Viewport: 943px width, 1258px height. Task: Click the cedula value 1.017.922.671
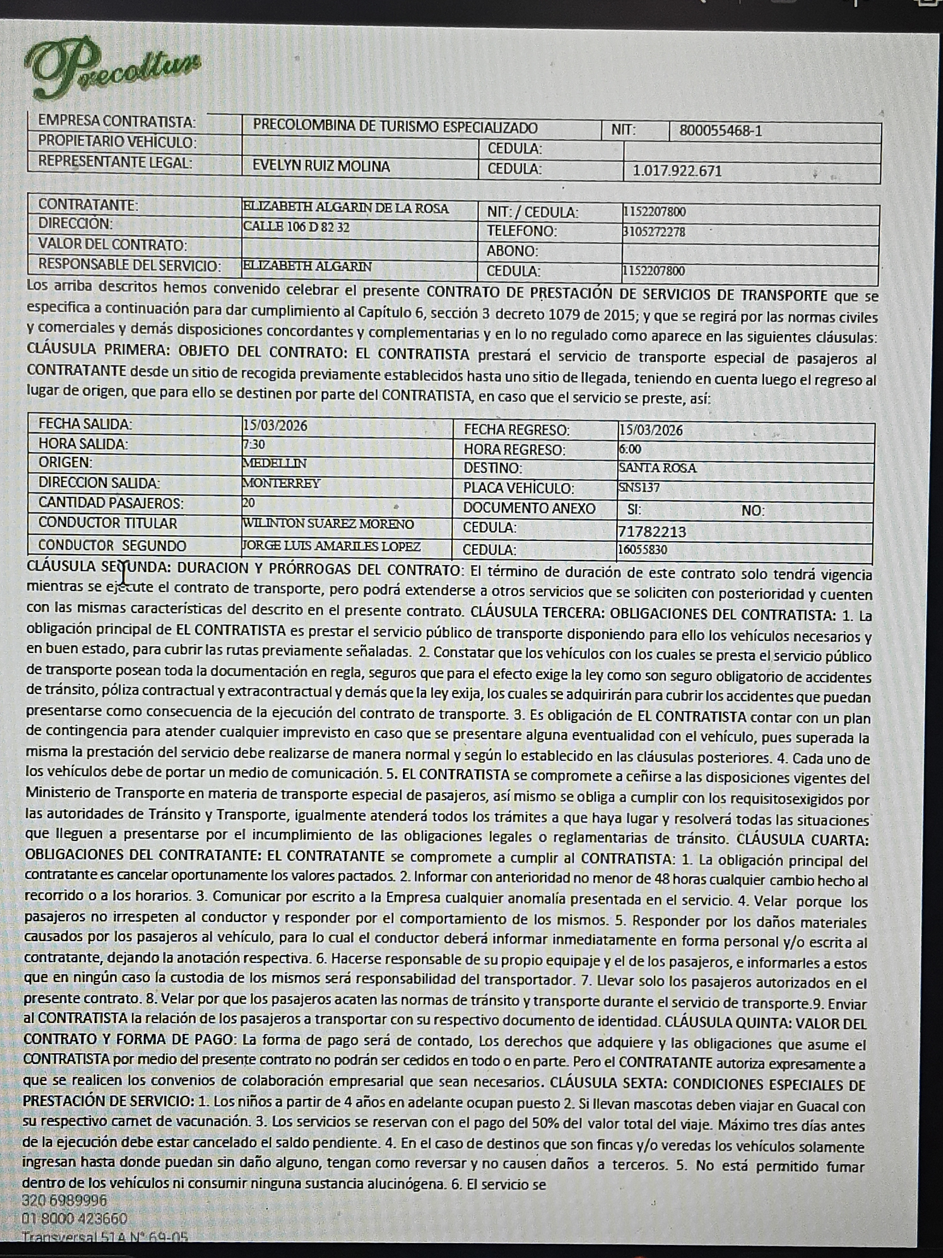[677, 171]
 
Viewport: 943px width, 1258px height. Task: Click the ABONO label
[512, 251]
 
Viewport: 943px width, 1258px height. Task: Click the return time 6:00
[630, 449]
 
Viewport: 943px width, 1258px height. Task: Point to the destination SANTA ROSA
[657, 468]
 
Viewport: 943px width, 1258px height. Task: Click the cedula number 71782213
[652, 532]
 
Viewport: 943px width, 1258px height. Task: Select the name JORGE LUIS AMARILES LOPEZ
[332, 547]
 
